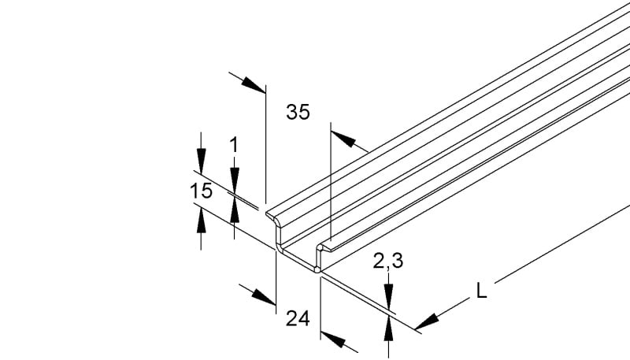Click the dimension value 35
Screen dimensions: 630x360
click(298, 112)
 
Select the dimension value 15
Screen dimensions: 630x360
click(201, 191)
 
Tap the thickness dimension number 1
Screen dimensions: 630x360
click(234, 145)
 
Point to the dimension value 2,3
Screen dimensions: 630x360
click(387, 262)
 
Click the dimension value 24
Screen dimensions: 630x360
click(298, 319)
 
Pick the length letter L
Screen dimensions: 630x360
click(481, 291)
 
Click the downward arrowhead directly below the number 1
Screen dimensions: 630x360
click(234, 179)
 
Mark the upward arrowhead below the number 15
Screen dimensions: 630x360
click(202, 221)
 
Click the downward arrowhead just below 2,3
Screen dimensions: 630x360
click(388, 295)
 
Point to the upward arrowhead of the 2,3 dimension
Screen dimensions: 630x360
click(388, 328)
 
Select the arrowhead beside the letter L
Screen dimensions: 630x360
click(426, 322)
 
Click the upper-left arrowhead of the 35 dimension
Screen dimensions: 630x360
click(254, 85)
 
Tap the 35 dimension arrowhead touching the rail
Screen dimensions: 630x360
click(343, 139)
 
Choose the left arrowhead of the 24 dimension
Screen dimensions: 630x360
click(264, 297)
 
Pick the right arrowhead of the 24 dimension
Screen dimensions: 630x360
click(333, 340)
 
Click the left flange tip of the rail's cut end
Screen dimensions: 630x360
click(266, 213)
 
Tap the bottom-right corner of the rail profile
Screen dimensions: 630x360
click(318, 271)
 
